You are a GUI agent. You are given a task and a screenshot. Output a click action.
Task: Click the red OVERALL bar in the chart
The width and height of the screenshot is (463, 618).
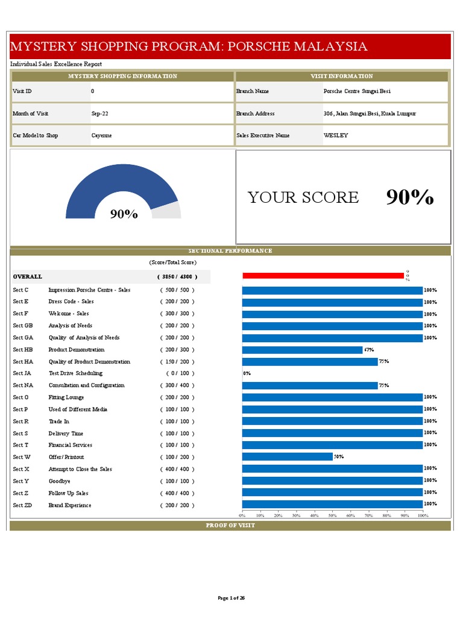[x=323, y=276]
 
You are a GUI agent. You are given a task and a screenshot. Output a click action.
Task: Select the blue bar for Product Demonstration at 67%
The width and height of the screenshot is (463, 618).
[x=302, y=349]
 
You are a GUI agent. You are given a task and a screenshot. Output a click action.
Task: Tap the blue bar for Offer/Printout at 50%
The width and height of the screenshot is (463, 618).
[x=287, y=457]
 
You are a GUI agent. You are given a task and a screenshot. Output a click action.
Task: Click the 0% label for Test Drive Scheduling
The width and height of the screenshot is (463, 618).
[x=247, y=374]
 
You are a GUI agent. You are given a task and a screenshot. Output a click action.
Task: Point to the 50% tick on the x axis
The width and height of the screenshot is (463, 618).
[x=332, y=515]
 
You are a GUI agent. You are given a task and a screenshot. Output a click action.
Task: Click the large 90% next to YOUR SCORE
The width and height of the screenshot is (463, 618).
[x=409, y=197]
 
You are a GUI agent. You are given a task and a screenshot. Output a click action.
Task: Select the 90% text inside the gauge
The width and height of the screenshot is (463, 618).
[x=124, y=214]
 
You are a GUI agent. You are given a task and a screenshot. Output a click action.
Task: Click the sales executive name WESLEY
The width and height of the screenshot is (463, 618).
[x=336, y=136]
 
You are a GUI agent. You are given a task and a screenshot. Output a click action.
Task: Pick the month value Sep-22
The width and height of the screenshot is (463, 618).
[x=100, y=113]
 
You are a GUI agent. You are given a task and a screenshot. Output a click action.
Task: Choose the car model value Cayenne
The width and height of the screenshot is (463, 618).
[x=101, y=136]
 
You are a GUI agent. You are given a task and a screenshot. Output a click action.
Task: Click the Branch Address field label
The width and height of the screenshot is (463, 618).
[x=255, y=113]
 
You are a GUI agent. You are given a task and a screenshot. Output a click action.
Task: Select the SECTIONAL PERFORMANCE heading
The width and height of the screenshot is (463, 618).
[x=230, y=250]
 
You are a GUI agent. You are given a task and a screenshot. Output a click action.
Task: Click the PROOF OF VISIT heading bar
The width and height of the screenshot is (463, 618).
[x=230, y=525]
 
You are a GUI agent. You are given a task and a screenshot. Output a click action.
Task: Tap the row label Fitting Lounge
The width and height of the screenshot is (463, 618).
[x=66, y=397]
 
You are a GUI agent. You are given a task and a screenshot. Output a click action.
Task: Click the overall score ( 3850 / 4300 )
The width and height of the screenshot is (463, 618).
[x=177, y=276]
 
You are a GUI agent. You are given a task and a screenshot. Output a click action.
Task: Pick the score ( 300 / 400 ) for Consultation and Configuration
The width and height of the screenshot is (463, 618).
[x=177, y=385]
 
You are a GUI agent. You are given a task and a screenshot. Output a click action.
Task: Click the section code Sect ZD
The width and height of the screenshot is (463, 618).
[x=22, y=505]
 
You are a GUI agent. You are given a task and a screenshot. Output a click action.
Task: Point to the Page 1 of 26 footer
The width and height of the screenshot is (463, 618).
[x=231, y=598]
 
